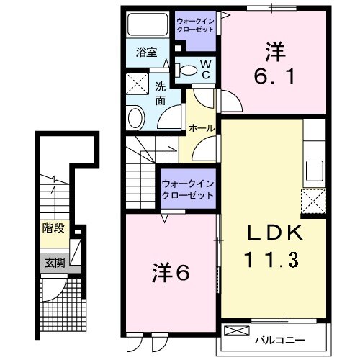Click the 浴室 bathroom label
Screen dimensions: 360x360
[x=146, y=52]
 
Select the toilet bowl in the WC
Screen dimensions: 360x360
[x=186, y=70]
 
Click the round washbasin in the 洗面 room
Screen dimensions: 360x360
[x=135, y=117]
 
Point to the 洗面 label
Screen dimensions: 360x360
[x=161, y=94]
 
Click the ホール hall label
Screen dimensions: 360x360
[x=201, y=127]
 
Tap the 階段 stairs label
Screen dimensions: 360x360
[x=53, y=229]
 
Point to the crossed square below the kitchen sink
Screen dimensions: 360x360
[x=314, y=202]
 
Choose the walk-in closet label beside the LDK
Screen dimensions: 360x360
[x=189, y=189]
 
